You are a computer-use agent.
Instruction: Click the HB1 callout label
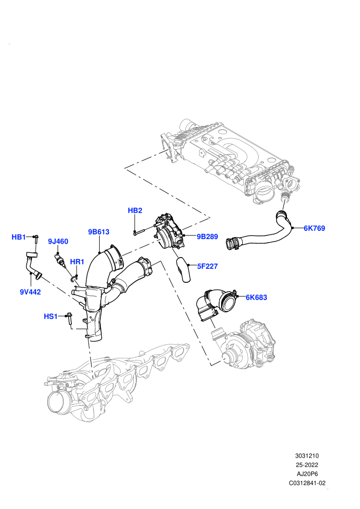[19, 237]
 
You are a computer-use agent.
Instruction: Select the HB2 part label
[135, 210]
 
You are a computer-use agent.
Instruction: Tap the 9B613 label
[99, 232]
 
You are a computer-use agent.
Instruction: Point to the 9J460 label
[58, 241]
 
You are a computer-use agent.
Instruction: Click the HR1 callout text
[77, 262]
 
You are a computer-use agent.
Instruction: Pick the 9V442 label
[30, 292]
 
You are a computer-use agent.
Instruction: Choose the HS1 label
[50, 316]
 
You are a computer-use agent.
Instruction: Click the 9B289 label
[207, 237]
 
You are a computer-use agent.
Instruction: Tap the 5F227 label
[207, 266]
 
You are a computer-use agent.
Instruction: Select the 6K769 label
[314, 228]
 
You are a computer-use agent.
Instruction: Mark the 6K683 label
[257, 297]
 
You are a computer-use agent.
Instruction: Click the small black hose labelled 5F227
[183, 269]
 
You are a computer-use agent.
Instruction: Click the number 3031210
[307, 456]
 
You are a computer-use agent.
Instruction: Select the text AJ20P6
[307, 474]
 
